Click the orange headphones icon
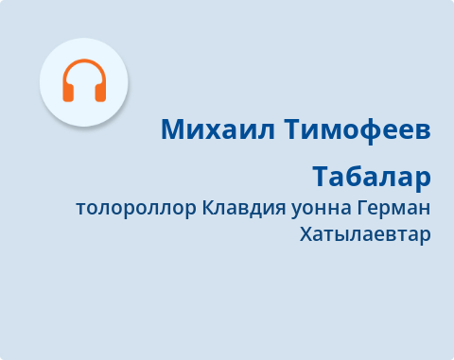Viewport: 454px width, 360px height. tap(83, 81)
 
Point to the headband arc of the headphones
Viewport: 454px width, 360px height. tap(83, 66)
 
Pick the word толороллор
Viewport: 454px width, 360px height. tap(136, 208)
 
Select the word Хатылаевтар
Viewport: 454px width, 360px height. tap(364, 233)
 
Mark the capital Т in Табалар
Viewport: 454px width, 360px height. tap(320, 177)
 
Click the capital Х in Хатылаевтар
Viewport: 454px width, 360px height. tap(305, 233)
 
